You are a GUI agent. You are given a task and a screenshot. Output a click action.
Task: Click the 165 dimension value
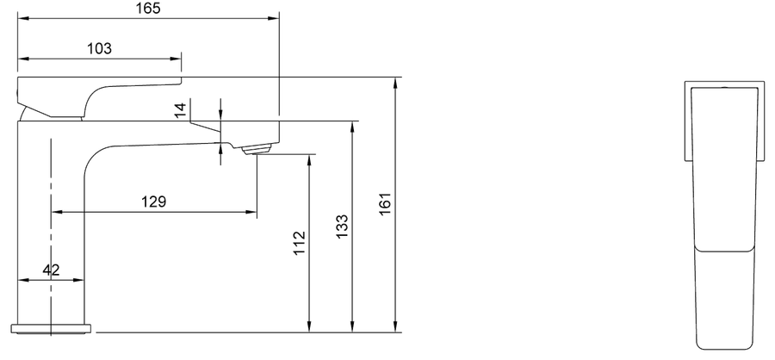148,9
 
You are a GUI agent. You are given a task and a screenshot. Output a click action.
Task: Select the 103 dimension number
99,48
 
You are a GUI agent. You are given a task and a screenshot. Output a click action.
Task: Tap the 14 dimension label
181,109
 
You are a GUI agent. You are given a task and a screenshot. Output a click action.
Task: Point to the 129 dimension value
154,202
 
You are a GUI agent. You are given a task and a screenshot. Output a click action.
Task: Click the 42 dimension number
51,270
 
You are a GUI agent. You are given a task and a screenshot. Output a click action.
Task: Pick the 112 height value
299,243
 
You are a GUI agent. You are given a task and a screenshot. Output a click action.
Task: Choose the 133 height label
342,226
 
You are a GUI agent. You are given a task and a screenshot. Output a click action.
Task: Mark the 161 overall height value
386,203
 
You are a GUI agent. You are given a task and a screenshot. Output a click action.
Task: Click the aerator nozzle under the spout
257,149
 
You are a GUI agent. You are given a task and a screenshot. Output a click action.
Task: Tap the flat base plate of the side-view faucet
52,328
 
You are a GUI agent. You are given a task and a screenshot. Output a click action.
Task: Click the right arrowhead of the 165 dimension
273,18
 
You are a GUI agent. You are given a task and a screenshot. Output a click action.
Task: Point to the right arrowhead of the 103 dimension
176,59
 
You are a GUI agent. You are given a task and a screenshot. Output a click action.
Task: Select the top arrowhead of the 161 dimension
395,84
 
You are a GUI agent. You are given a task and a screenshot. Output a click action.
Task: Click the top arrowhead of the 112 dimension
309,160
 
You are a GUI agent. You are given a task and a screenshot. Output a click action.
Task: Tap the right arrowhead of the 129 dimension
251,212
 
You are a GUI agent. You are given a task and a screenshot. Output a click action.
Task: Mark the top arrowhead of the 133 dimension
352,127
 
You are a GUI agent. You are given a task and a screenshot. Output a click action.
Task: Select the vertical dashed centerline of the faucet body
52,238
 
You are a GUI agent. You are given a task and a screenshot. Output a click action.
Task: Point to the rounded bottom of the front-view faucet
723,345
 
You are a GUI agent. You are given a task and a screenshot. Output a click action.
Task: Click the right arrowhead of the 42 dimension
77,280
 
